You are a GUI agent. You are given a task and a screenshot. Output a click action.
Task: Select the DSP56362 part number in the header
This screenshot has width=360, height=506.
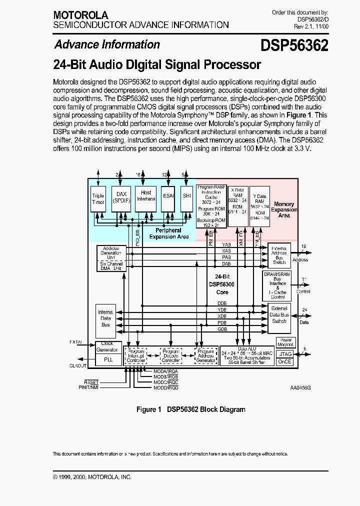(294, 45)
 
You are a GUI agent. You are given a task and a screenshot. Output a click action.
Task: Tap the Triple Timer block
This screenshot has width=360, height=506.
(98, 199)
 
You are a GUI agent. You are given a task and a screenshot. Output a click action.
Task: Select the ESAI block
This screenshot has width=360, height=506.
(168, 196)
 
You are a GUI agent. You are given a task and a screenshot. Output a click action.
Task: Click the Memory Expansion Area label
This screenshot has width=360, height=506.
(283, 209)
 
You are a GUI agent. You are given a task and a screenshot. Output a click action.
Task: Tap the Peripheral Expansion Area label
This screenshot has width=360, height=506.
(169, 233)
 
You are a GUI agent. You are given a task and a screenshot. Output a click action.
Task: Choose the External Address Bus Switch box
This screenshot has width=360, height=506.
(279, 255)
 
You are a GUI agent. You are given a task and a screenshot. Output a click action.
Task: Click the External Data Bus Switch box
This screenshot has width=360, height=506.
(279, 315)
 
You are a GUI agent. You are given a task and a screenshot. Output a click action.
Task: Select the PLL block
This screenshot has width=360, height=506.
(107, 359)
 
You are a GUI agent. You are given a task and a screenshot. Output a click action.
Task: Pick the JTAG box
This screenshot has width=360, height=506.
(284, 353)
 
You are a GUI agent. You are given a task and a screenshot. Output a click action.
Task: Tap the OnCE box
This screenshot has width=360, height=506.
(284, 361)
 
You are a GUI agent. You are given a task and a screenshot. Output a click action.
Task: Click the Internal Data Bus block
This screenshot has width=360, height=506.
(105, 318)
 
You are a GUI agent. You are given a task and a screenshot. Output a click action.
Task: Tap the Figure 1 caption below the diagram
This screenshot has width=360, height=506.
(190, 409)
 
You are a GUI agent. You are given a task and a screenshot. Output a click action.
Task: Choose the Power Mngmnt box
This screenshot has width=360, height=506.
(285, 342)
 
